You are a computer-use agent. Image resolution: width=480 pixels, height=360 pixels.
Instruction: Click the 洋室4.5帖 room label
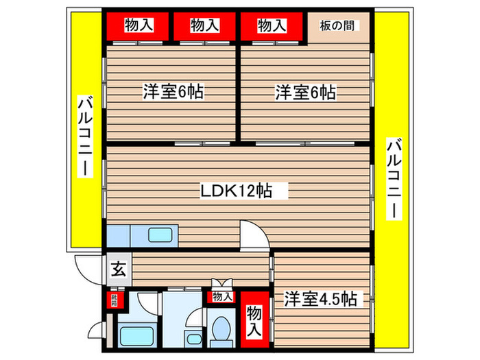(320, 299)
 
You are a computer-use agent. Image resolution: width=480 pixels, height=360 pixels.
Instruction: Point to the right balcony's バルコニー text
(394, 179)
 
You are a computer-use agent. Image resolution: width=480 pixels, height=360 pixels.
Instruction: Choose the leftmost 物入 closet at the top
(138, 27)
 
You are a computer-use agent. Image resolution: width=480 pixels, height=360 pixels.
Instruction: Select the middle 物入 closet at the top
(204, 27)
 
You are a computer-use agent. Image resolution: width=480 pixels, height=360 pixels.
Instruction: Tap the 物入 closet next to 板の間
(271, 27)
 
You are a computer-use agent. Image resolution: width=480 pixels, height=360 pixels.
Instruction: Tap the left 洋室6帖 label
(172, 91)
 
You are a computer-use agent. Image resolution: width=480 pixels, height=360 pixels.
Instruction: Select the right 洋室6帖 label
(305, 91)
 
